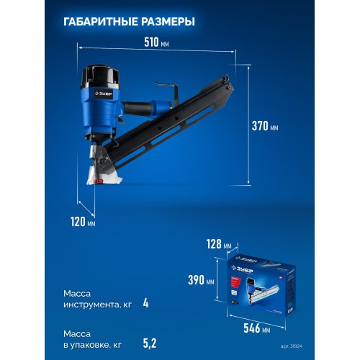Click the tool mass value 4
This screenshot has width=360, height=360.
[x=145, y=303]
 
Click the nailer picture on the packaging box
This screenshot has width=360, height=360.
[x=263, y=295]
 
